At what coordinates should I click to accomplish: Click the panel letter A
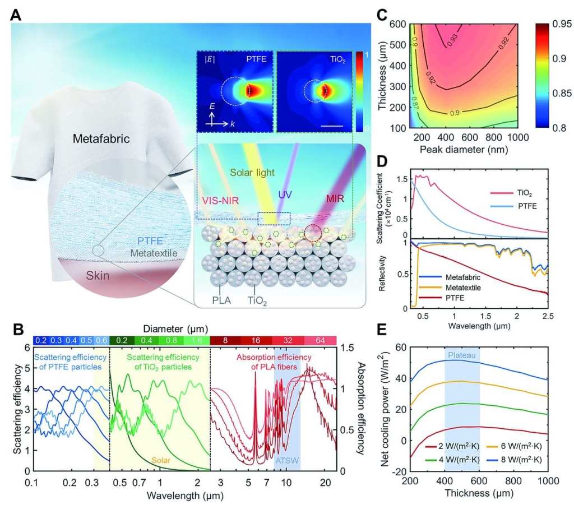tap(16, 16)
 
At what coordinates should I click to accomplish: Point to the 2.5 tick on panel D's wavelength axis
tap(548, 317)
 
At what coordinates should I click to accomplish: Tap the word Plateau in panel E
tap(461, 355)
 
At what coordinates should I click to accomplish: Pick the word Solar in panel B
tap(159, 459)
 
